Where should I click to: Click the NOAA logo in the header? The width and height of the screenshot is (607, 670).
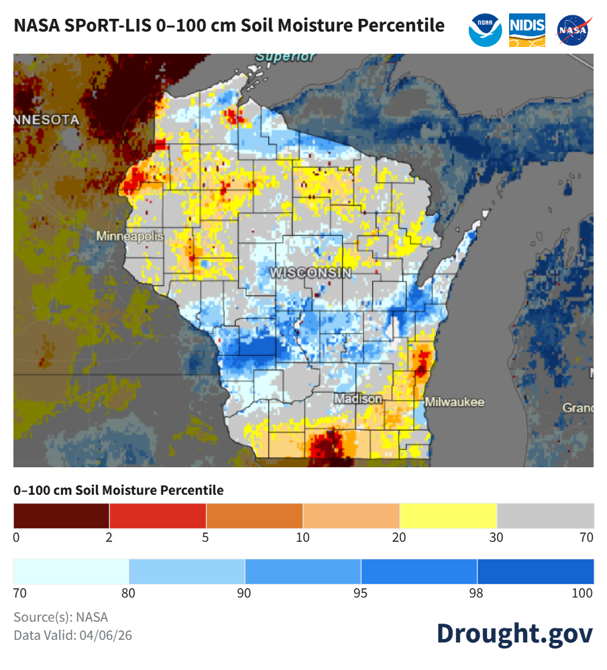(486, 30)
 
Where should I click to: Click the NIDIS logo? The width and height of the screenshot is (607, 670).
(527, 30)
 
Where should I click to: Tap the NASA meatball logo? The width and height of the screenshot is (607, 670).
(574, 30)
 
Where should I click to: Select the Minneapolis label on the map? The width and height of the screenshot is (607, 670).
(129, 236)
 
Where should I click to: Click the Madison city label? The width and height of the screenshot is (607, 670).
(358, 399)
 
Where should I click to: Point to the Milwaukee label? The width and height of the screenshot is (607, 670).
(454, 402)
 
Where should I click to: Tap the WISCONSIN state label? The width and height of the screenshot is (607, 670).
(310, 273)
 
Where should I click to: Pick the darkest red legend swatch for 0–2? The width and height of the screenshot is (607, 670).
(61, 516)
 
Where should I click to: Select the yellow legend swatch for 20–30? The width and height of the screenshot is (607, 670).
(448, 516)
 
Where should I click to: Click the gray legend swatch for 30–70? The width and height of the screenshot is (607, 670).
(545, 516)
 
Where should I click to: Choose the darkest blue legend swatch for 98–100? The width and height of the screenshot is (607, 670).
(535, 571)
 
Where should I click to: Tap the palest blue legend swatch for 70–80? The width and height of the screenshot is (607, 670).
(71, 571)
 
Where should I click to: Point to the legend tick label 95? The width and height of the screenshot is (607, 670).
(361, 593)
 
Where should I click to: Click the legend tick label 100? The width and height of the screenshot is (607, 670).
(583, 593)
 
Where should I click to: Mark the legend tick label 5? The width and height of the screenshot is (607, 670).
(206, 537)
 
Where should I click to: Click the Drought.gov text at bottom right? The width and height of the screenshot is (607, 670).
(514, 633)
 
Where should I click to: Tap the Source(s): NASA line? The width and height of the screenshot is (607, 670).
(60, 617)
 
